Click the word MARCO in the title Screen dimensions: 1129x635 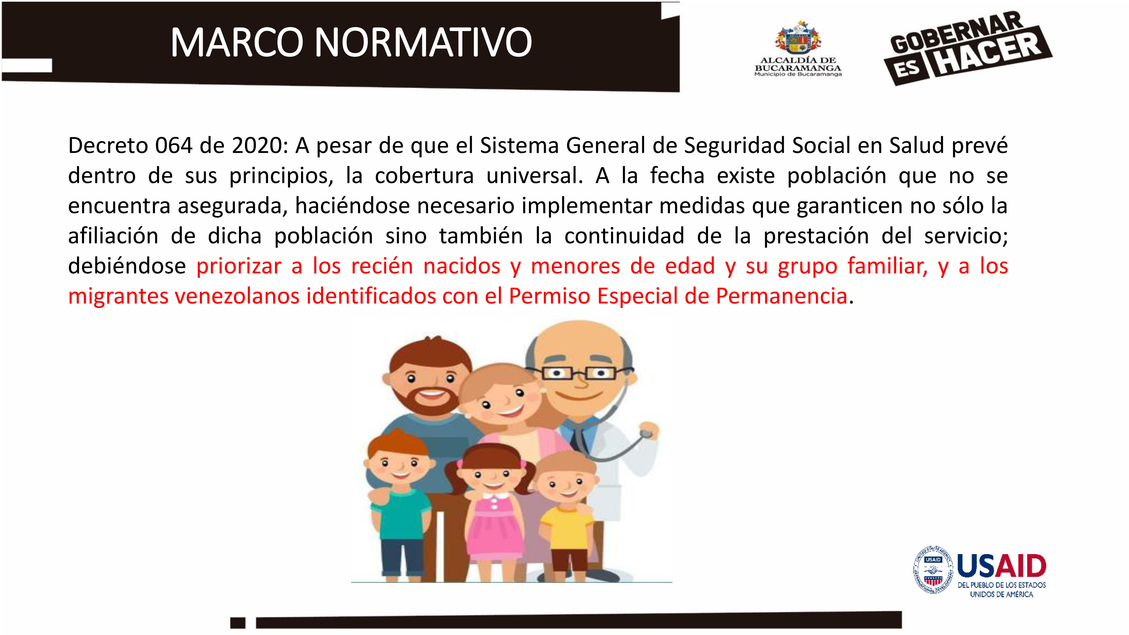[x=237, y=43]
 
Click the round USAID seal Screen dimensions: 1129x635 [x=933, y=570]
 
